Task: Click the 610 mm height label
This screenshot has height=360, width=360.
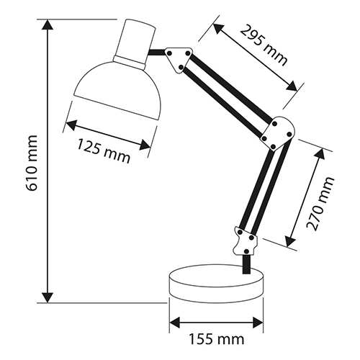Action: click(x=32, y=163)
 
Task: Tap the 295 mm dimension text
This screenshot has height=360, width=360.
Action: click(x=264, y=45)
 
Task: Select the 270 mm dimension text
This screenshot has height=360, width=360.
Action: click(x=320, y=204)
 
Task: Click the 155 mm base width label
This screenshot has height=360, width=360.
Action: click(x=217, y=339)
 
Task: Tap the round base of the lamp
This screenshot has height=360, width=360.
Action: click(x=216, y=283)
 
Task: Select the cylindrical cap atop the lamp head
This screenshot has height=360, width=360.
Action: click(x=135, y=43)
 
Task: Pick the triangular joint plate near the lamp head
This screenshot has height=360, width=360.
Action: click(x=179, y=59)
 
